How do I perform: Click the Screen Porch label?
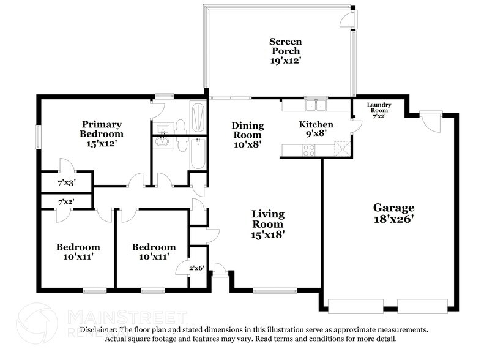(286, 51)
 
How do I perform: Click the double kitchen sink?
(318, 106)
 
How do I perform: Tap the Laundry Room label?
(378, 108)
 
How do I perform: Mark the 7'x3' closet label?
(65, 182)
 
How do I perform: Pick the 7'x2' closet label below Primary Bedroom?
(65, 201)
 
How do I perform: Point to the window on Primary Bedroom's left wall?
(39, 135)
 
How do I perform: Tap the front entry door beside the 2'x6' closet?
(219, 269)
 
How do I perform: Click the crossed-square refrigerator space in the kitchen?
(342, 149)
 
